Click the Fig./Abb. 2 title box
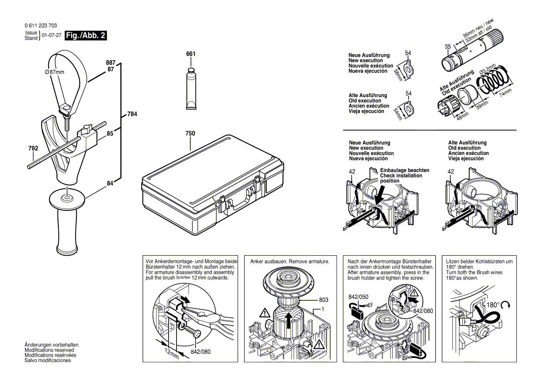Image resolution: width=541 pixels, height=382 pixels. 86,35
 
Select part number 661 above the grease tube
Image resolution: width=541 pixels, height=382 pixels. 191,54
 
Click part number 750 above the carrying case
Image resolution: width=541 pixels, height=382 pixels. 190,133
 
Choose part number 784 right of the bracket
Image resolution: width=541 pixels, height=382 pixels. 132,114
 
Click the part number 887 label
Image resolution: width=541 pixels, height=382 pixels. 110,62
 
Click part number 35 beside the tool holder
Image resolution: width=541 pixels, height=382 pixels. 447,47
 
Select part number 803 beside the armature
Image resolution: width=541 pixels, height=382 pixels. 324,300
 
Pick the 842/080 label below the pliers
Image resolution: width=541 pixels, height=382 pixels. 200,351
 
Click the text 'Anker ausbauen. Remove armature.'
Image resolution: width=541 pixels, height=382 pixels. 289,262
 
